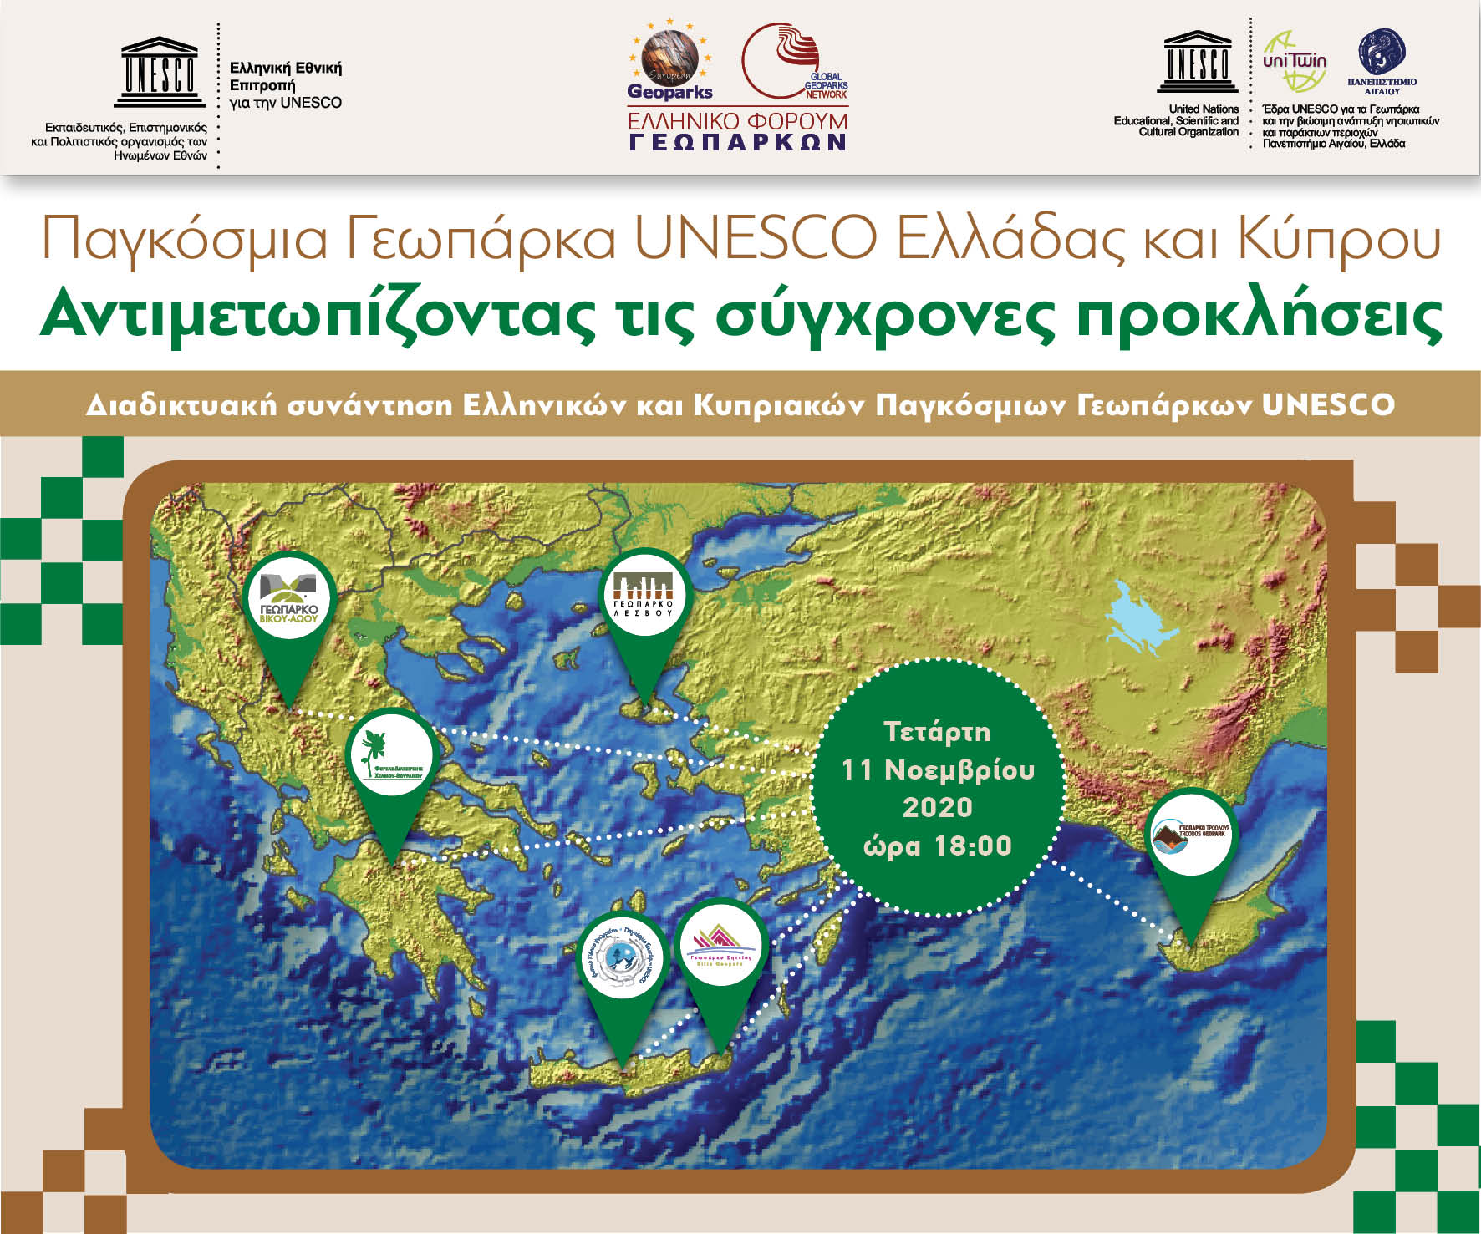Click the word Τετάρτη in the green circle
[x=937, y=732]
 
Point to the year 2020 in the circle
[x=937, y=807]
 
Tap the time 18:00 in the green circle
[x=973, y=846]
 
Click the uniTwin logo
[x=1294, y=62]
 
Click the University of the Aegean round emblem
[x=1382, y=53]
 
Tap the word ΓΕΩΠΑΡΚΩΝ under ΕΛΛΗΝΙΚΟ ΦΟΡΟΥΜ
[x=738, y=142]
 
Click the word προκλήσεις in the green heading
[x=1260, y=316]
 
